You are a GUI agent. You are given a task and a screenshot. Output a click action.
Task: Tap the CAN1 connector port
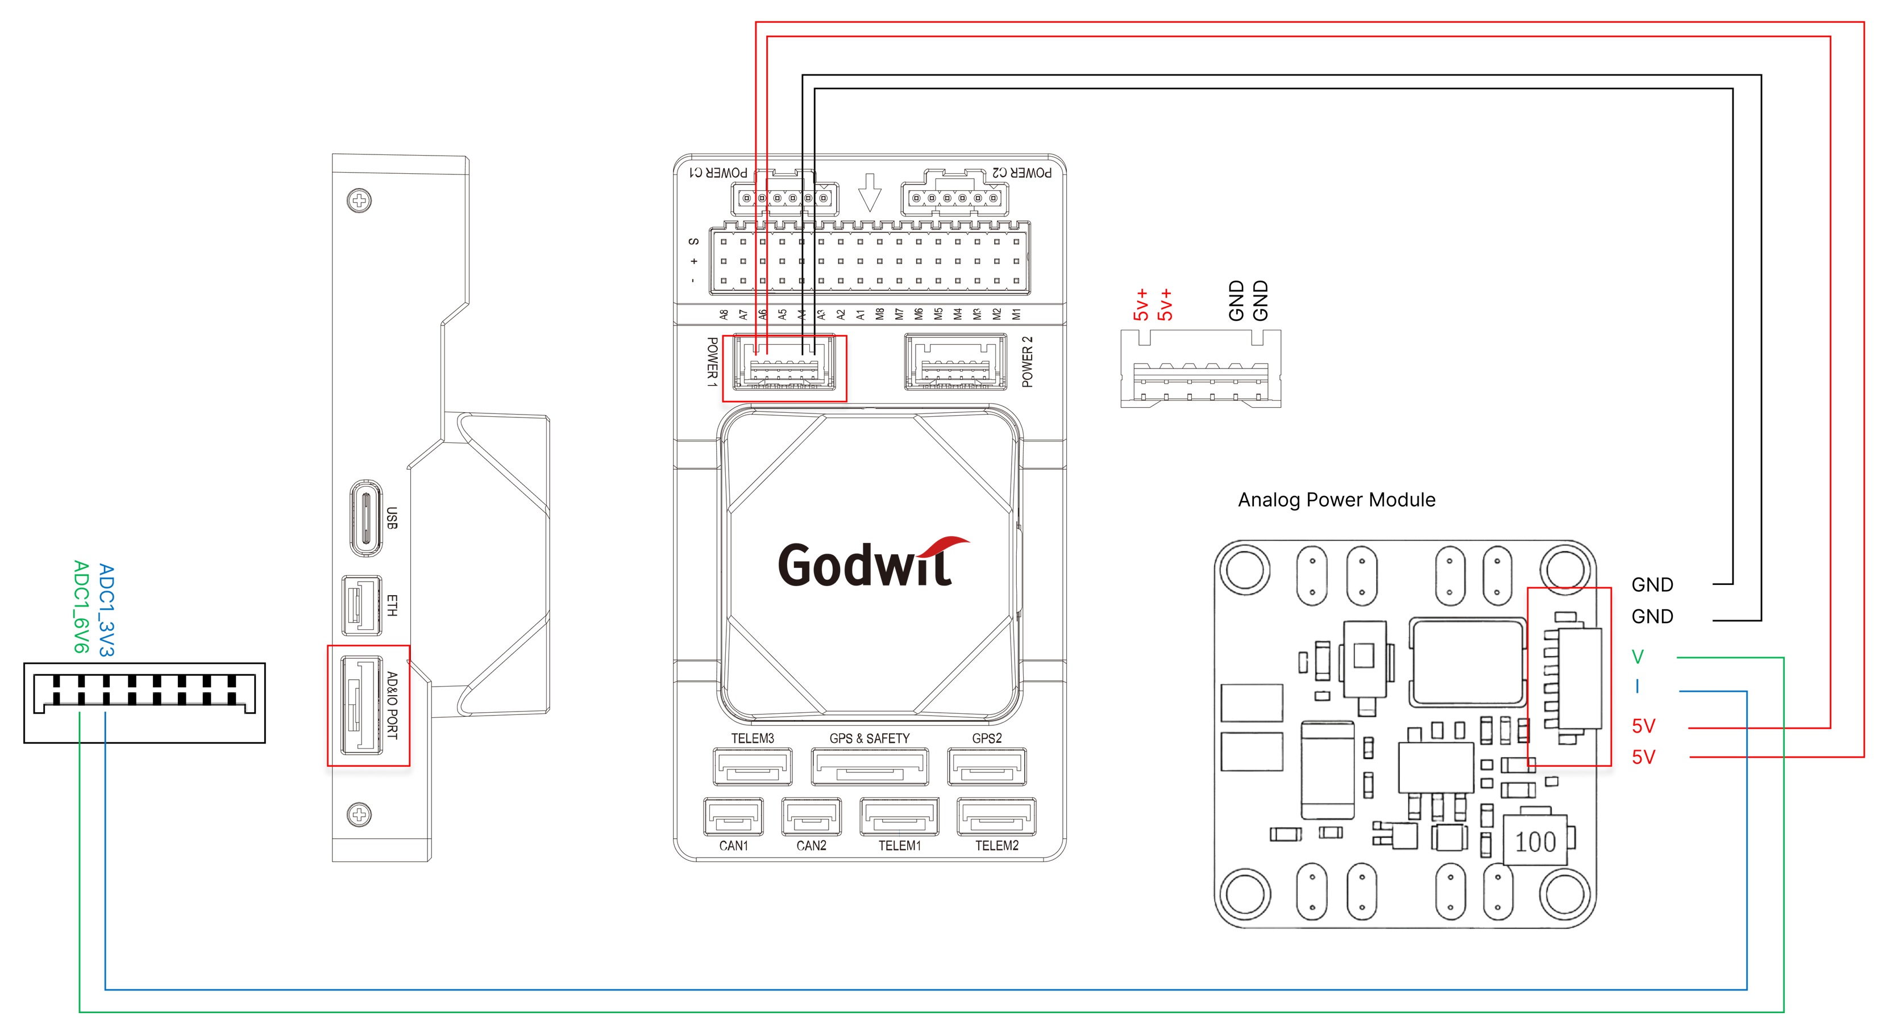tap(733, 817)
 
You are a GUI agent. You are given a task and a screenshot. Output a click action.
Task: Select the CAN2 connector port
tap(811, 817)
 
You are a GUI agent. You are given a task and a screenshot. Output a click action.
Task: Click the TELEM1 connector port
tap(899, 817)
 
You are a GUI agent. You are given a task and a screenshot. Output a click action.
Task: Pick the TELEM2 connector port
tap(996, 817)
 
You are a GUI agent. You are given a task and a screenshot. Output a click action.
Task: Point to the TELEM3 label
tap(753, 738)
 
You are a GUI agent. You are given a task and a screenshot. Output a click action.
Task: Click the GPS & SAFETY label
tap(869, 738)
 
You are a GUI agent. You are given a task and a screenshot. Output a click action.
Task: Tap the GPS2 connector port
tap(987, 766)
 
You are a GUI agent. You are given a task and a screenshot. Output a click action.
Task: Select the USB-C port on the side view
tap(365, 518)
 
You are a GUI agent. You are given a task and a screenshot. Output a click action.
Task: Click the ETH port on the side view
tap(361, 605)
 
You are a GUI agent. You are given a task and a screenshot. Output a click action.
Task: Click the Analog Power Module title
tap(1336, 500)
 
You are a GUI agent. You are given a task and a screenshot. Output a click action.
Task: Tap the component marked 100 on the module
tap(1536, 842)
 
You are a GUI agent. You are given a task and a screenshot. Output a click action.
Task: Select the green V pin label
tap(1637, 656)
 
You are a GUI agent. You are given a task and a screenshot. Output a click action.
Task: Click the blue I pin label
tap(1637, 687)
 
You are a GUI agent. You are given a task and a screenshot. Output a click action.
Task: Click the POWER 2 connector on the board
tap(955, 362)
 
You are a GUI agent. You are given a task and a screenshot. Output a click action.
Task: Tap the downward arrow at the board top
tap(870, 192)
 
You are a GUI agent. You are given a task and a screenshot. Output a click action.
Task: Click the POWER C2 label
tap(1021, 173)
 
